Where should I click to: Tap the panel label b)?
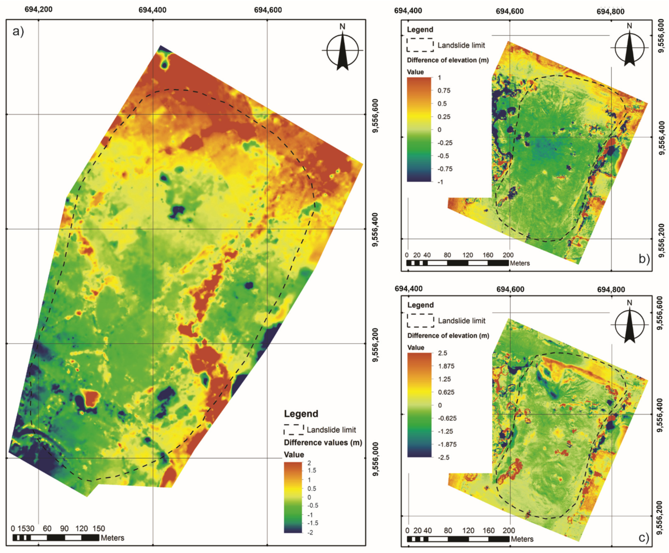click(644, 259)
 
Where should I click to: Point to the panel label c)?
click(644, 537)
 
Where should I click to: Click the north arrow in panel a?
click(342, 50)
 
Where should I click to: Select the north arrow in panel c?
click(629, 325)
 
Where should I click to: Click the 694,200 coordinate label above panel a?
click(39, 9)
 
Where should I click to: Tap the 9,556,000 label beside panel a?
click(376, 459)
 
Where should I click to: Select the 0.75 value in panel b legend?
click(444, 91)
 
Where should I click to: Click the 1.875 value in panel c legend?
click(446, 366)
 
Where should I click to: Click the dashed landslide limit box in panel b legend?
click(420, 45)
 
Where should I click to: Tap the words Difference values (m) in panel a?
click(322, 443)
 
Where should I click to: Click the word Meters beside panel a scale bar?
click(112, 538)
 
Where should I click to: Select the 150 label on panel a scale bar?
click(99, 529)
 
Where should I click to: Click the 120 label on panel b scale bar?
click(468, 255)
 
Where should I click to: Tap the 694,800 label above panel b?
click(610, 11)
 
